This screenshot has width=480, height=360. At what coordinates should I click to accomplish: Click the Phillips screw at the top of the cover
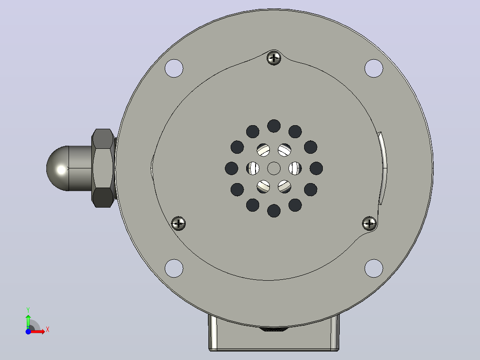[274, 58]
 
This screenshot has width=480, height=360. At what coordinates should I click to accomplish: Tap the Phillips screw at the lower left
[179, 223]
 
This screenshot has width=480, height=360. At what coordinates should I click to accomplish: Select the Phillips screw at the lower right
[369, 223]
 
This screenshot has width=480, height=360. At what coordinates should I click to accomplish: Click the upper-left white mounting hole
[174, 68]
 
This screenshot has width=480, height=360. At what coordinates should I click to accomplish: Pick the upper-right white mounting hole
[374, 68]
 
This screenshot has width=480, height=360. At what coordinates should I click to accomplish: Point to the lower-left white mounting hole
[174, 268]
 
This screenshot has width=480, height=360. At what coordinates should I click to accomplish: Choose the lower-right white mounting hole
[374, 268]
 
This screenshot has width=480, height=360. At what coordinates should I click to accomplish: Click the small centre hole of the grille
[274, 168]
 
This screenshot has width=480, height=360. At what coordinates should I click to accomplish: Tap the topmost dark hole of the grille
[274, 126]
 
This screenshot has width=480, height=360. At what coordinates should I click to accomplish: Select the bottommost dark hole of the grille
[274, 211]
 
